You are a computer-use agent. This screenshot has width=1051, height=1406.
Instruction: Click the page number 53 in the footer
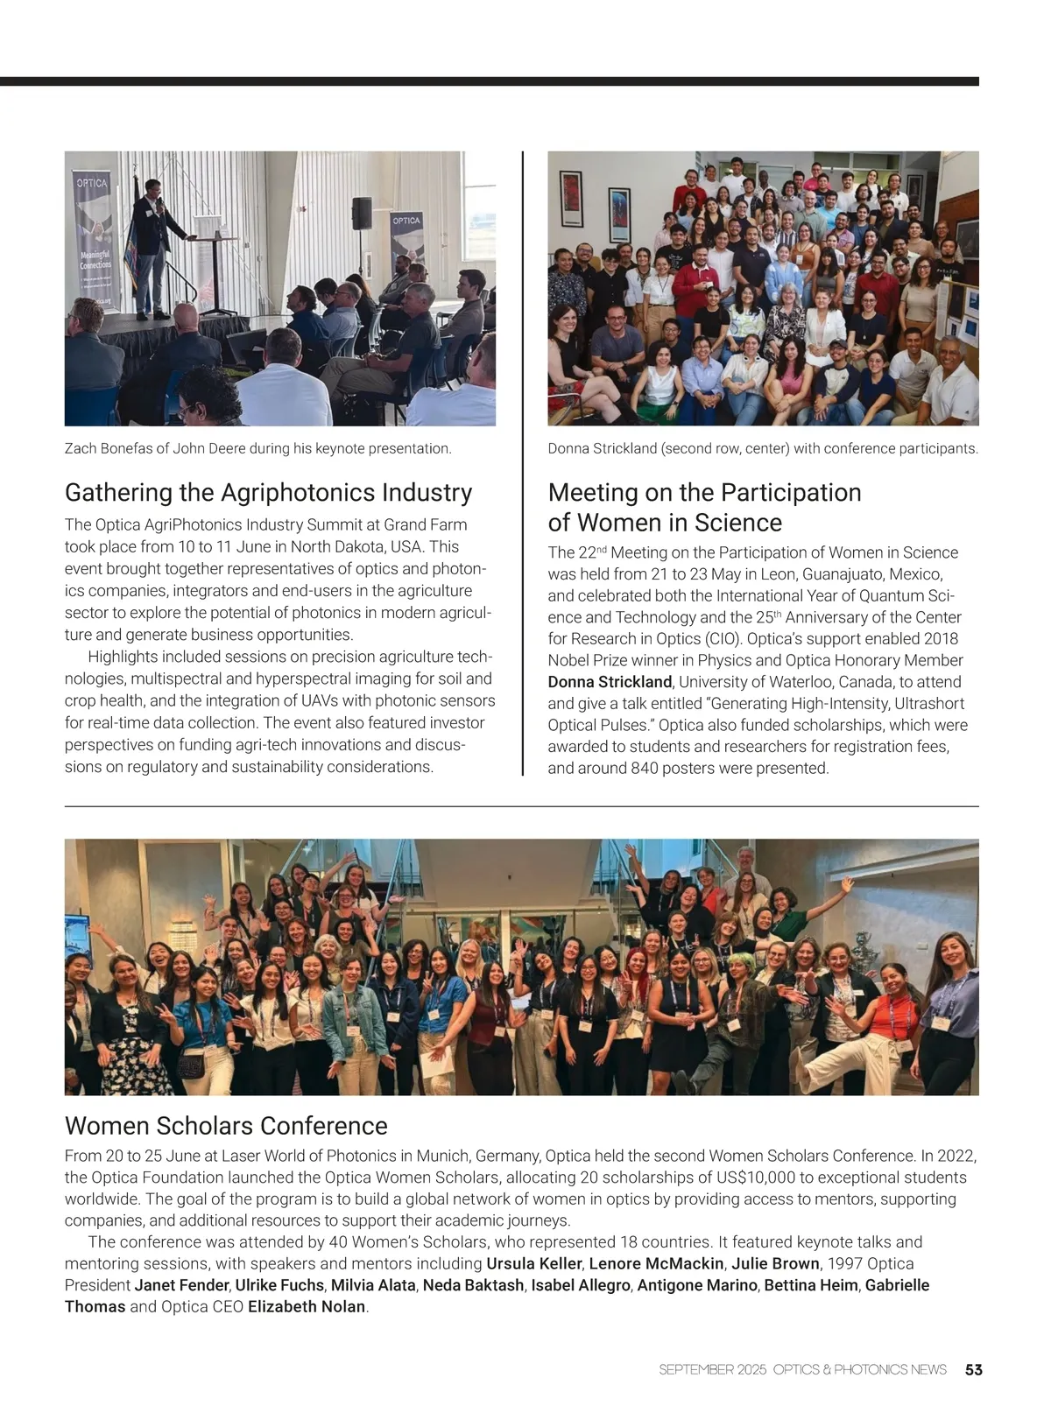973,1369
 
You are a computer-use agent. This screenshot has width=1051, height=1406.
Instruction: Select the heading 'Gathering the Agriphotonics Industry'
268,492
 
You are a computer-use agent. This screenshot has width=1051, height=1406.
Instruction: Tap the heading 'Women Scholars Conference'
226,1125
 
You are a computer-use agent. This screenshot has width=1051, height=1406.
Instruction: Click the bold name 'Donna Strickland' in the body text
610,682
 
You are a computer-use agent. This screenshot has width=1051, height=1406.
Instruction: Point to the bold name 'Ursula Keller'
533,1263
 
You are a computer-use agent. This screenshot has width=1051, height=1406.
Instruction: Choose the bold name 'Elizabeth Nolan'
306,1307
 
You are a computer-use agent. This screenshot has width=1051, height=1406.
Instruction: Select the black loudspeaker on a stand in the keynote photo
361,214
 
